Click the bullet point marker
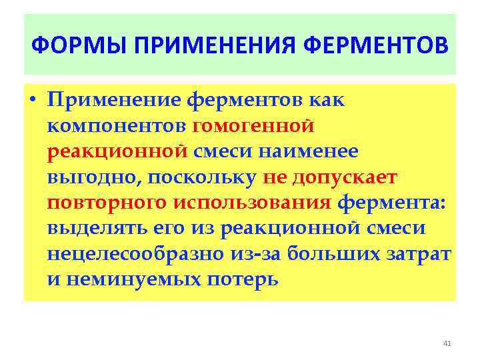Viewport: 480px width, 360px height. coord(33,101)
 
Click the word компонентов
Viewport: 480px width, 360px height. coord(117,126)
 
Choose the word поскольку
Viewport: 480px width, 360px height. coord(203,177)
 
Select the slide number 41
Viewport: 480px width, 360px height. coord(447,343)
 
